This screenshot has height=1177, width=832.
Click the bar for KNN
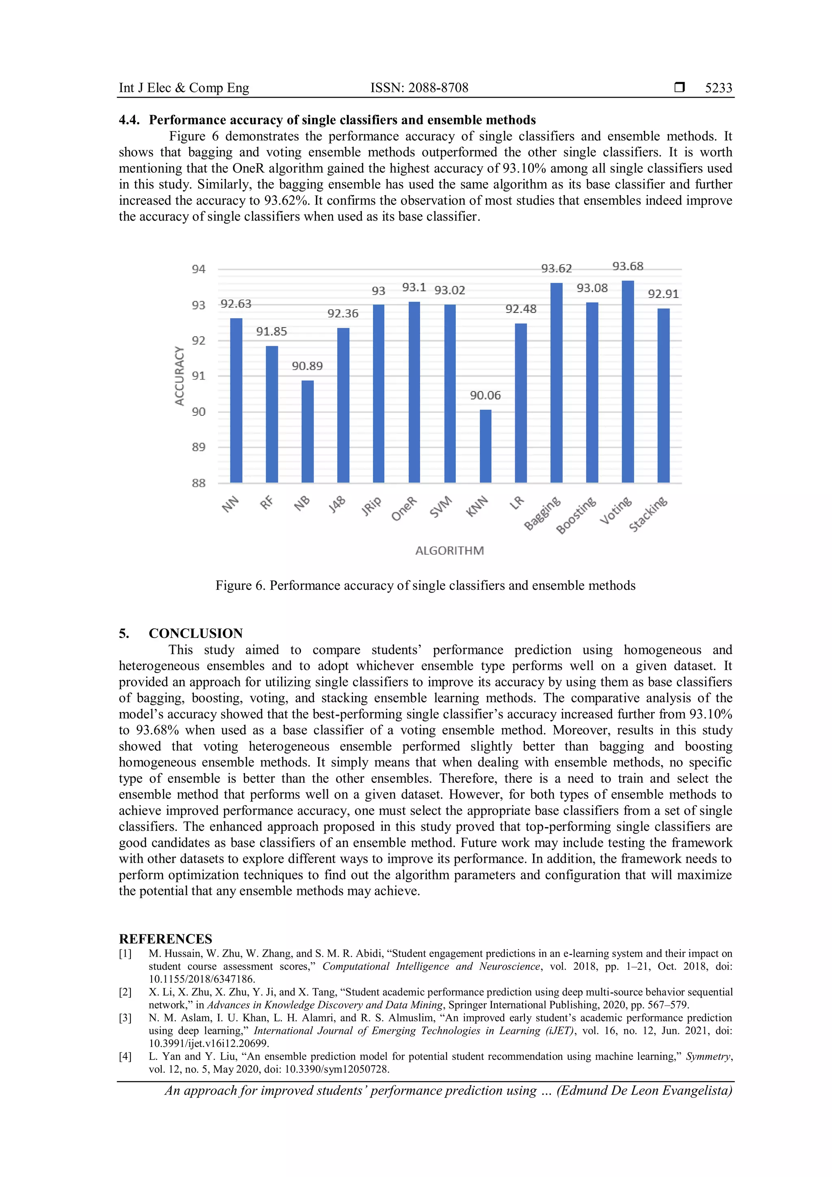(x=485, y=446)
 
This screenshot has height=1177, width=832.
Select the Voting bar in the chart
(x=628, y=382)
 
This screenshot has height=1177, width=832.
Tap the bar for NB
(x=308, y=431)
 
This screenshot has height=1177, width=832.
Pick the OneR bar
(x=414, y=392)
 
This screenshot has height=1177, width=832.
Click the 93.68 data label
(x=628, y=266)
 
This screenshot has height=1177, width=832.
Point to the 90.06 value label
(x=485, y=395)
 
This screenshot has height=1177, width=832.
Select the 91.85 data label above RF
(x=271, y=332)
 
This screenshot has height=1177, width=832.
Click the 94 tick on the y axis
(x=198, y=269)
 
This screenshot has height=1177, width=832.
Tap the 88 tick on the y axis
(x=198, y=483)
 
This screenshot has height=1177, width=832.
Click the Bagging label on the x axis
(x=543, y=513)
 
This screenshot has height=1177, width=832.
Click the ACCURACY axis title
(x=179, y=376)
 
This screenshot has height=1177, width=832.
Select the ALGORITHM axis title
(x=449, y=551)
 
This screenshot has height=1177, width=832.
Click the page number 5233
(x=718, y=88)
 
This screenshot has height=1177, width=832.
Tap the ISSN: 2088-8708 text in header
(x=419, y=88)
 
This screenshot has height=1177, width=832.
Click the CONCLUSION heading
(x=196, y=634)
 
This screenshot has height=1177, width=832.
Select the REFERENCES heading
(x=165, y=939)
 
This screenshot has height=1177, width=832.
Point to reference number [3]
(x=126, y=1018)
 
